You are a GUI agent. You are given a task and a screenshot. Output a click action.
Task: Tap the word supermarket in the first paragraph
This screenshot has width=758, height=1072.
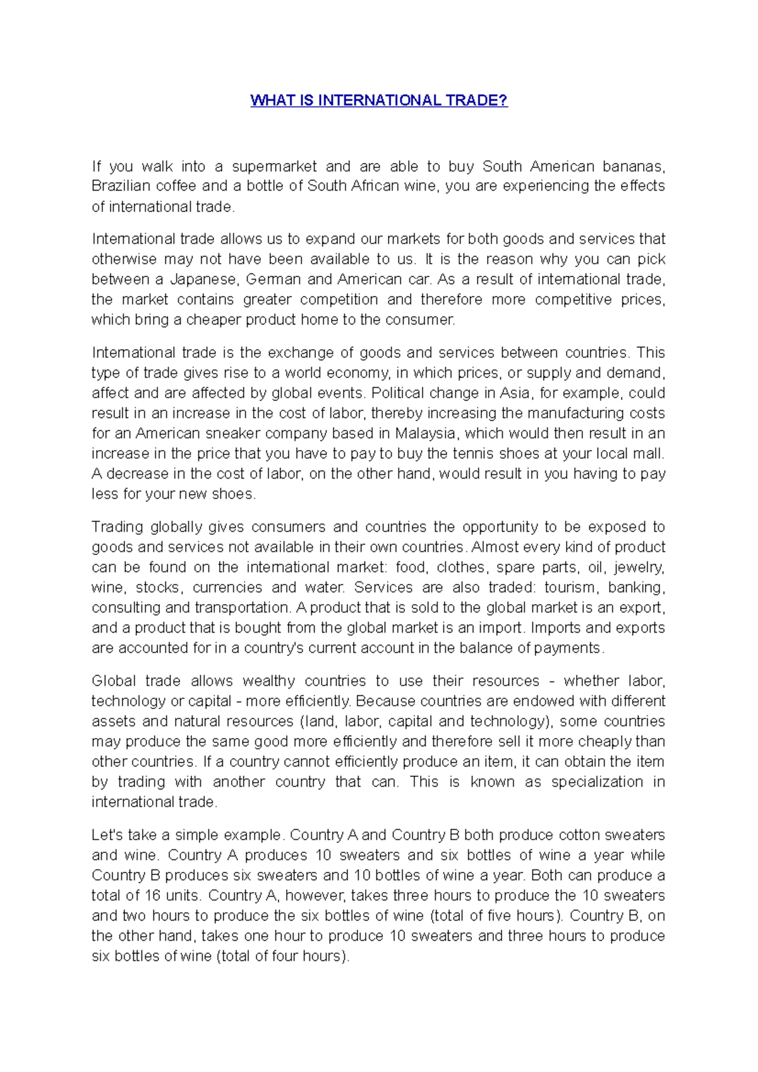click(274, 167)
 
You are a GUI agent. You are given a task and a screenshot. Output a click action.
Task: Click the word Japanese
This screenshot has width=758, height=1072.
click(204, 280)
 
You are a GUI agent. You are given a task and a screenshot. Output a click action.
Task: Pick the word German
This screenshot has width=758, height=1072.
click(273, 280)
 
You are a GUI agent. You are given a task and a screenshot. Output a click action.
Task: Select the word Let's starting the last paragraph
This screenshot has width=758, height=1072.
click(107, 835)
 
